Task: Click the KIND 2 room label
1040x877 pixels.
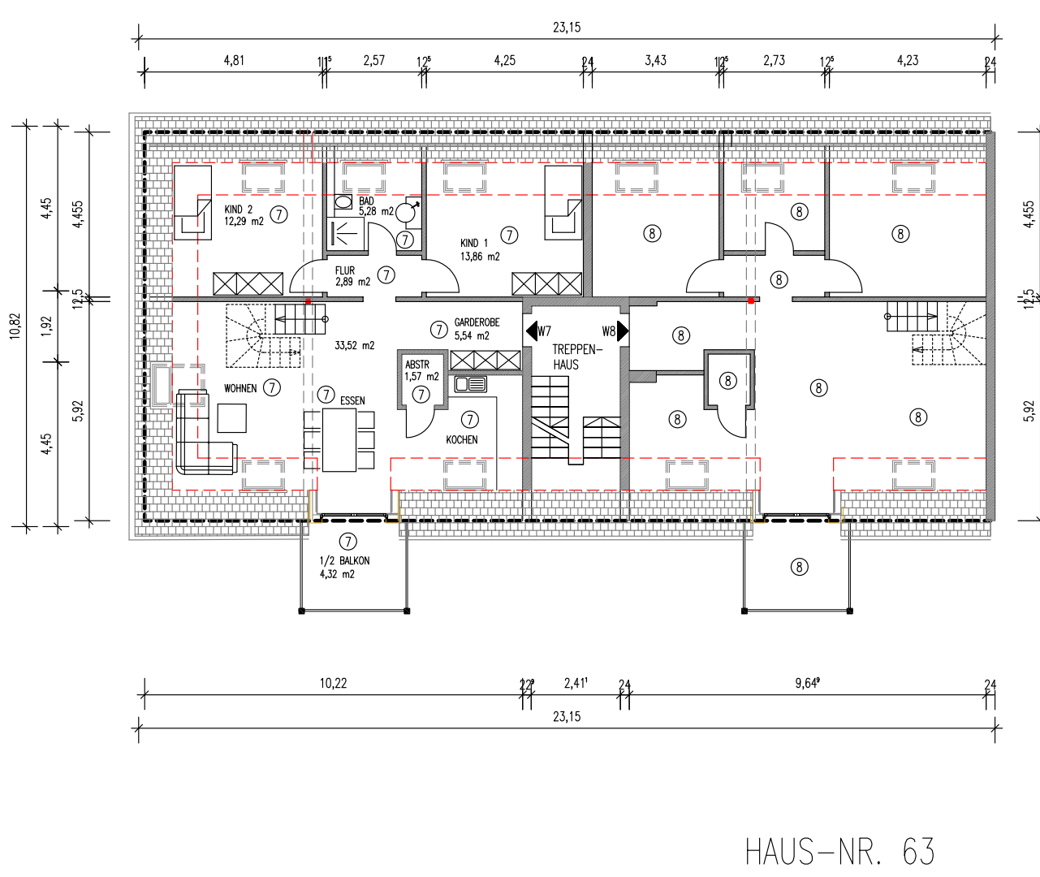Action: (239, 210)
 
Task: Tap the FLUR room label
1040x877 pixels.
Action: (345, 271)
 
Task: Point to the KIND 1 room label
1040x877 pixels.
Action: (474, 243)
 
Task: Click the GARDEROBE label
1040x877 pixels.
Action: (477, 322)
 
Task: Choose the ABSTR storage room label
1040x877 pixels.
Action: (417, 365)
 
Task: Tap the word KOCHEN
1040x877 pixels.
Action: (462, 440)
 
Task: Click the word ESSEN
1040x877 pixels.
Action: (352, 401)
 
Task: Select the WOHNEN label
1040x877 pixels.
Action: (240, 389)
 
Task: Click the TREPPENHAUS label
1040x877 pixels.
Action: (576, 356)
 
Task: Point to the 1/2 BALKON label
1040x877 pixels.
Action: (344, 561)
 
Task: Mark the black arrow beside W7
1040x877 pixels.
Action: (532, 331)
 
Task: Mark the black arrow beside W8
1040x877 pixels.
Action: (623, 331)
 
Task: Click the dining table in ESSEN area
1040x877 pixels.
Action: (339, 439)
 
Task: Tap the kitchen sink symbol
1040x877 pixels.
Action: (471, 384)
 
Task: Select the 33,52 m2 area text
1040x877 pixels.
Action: (355, 346)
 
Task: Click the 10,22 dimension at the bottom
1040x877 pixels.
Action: (333, 684)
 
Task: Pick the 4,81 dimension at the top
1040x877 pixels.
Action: (234, 60)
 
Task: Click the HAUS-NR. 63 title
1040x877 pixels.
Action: (839, 852)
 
